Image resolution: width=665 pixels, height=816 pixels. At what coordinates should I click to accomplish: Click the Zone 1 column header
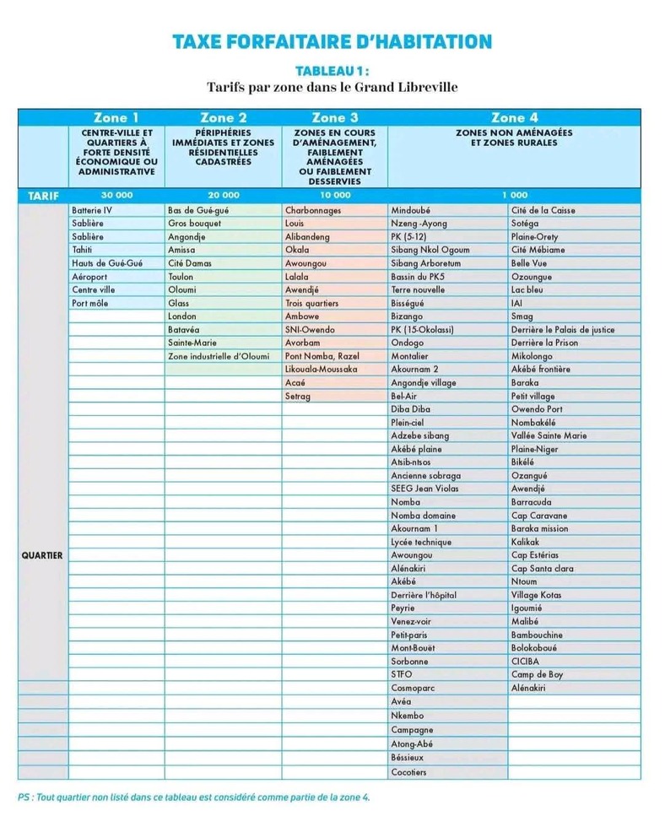click(116, 118)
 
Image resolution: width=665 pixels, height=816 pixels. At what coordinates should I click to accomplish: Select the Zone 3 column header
click(334, 118)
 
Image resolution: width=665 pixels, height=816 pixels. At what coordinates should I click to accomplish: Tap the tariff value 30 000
click(116, 195)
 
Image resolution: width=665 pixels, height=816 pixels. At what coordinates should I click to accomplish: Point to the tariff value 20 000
click(224, 195)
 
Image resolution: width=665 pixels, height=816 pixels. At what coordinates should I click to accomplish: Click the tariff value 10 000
click(334, 195)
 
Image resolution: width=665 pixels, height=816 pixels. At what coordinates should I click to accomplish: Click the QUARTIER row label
click(42, 555)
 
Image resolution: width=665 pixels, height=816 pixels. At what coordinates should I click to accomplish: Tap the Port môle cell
click(91, 303)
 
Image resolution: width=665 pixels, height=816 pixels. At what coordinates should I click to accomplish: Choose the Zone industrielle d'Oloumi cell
click(219, 356)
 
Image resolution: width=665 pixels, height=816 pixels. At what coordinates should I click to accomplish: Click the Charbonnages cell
click(313, 210)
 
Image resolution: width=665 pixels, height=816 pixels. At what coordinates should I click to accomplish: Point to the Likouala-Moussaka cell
click(322, 370)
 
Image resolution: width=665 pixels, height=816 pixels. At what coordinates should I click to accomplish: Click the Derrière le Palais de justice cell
click(563, 330)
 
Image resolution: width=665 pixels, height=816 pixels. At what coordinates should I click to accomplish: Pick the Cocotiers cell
click(409, 772)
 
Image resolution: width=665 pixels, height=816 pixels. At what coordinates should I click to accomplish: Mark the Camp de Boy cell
click(537, 675)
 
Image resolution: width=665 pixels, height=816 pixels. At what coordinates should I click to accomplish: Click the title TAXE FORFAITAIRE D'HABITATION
click(332, 42)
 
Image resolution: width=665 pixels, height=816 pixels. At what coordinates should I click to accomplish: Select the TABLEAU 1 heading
click(332, 72)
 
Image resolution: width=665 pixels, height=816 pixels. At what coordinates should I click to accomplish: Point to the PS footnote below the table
click(193, 797)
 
